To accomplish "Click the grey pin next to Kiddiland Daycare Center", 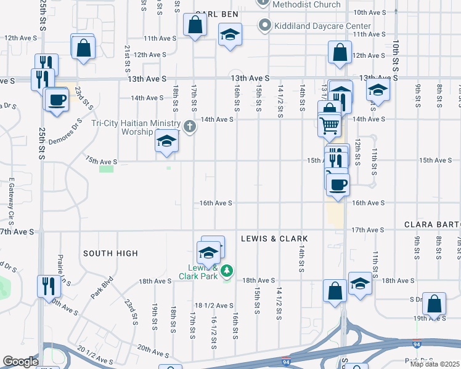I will (x=265, y=26).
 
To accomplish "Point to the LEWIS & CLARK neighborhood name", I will (x=274, y=238).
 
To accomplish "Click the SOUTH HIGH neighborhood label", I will (x=110, y=253).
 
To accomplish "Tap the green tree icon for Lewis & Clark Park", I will (x=227, y=270).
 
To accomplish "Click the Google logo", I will (x=20, y=362).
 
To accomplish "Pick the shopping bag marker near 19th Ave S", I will (x=434, y=303).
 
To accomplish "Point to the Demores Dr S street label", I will (x=66, y=128).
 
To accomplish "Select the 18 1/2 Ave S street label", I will (x=214, y=306).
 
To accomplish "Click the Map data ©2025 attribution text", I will (x=434, y=364).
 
